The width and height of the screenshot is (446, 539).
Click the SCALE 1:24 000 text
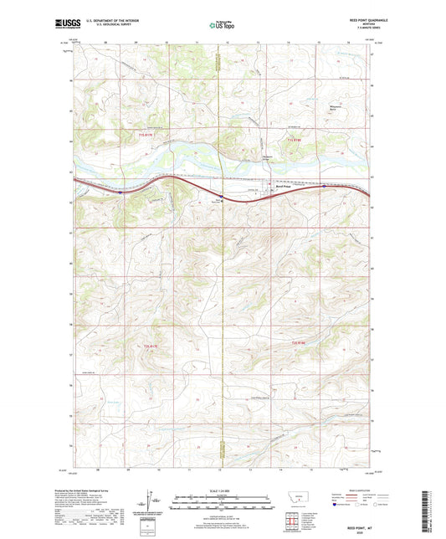tap(222, 491)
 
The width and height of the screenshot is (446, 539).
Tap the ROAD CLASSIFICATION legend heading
tap(351, 491)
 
